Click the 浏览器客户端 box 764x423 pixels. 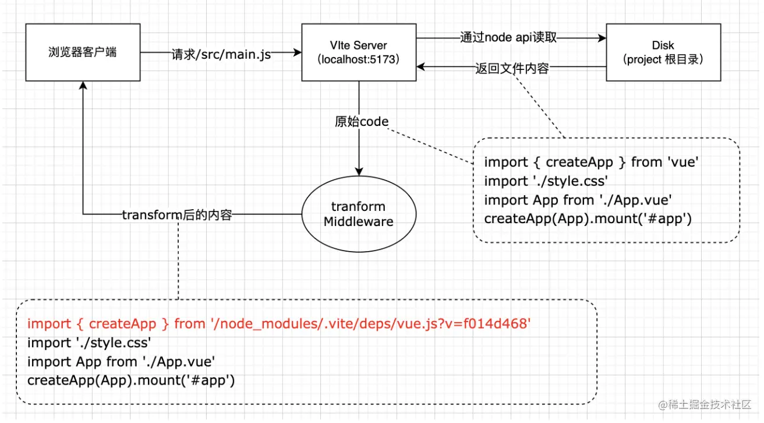[83, 52]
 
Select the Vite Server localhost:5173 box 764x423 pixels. [358, 52]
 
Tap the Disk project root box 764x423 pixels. [663, 52]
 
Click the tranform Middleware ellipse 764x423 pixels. [358, 214]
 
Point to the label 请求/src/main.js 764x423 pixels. [221, 55]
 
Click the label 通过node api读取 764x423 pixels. [508, 38]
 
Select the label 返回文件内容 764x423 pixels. [511, 69]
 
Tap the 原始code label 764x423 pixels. [361, 122]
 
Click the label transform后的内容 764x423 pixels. [177, 215]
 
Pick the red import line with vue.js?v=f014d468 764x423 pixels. [278, 324]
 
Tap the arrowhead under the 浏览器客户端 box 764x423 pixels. [83, 85]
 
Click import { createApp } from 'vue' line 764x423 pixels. [590, 162]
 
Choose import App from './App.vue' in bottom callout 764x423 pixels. [121, 362]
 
